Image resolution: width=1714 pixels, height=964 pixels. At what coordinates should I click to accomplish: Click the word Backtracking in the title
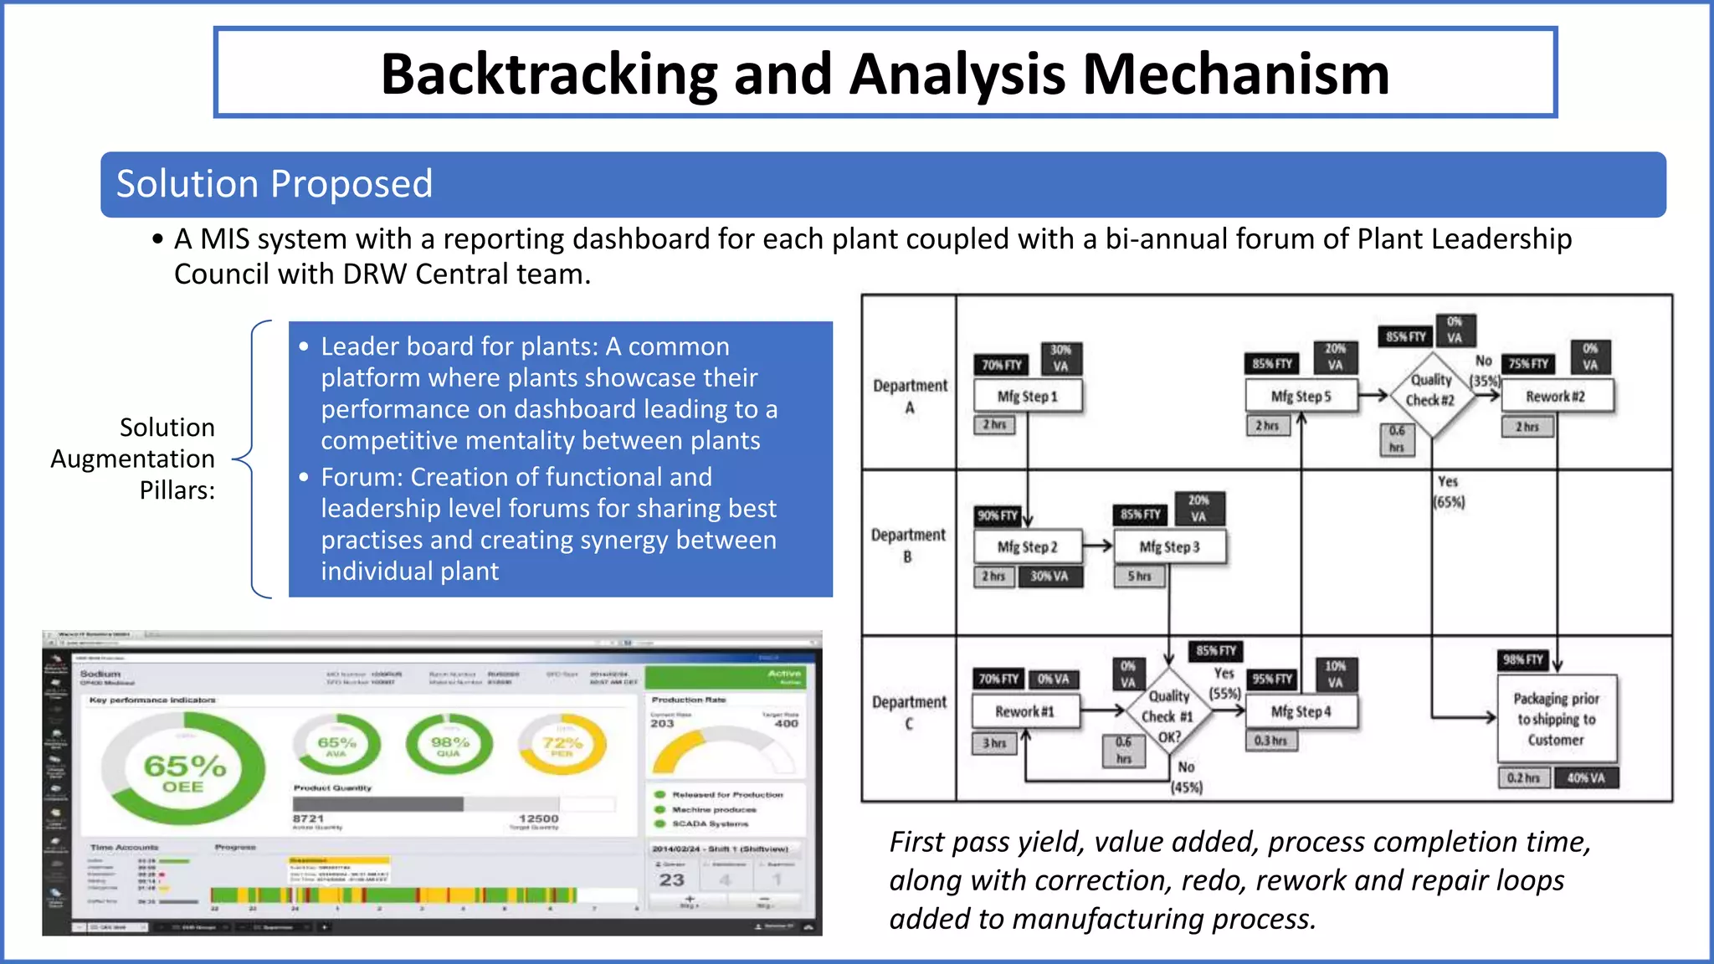[x=549, y=74]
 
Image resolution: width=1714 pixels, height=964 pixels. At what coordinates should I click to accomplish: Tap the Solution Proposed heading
[x=274, y=184]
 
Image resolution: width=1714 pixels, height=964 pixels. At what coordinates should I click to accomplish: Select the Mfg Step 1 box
[x=1028, y=397]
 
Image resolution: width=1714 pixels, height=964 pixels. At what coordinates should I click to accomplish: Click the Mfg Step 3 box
[x=1169, y=546]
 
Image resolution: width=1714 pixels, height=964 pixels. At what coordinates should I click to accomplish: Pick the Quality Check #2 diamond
[x=1431, y=390]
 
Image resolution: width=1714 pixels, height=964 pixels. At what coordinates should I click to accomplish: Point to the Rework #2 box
[x=1556, y=397]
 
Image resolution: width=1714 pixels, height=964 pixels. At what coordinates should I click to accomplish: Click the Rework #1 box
[x=1024, y=711]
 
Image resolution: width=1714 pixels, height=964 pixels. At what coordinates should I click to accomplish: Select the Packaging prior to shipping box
[x=1556, y=719]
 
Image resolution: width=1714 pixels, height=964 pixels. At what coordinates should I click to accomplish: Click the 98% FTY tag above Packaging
[x=1522, y=659]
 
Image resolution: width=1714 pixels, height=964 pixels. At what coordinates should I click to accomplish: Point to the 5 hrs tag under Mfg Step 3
[x=1139, y=577]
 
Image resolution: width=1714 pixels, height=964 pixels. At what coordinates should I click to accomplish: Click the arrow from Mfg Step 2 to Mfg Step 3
[x=1097, y=546]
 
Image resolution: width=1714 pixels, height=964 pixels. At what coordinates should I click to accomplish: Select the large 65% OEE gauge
[x=183, y=769]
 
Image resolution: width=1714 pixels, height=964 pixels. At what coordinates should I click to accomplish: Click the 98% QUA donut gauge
[x=449, y=744]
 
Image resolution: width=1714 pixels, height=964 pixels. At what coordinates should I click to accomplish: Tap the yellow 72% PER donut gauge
[x=562, y=744]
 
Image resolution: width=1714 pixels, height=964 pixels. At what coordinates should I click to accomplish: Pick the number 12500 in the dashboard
[x=538, y=818]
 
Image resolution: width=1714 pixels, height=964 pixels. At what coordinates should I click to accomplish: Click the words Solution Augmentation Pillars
[x=134, y=459]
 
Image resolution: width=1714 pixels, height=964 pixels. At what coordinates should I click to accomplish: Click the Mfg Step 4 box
[x=1301, y=711]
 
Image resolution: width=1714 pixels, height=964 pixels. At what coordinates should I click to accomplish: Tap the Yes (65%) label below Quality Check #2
[x=1448, y=492]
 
